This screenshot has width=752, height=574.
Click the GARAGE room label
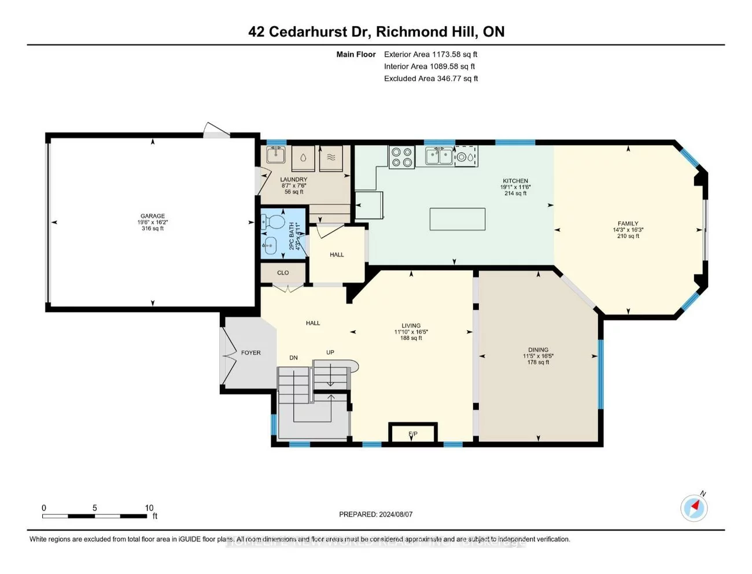(153, 216)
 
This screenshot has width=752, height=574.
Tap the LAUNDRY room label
(294, 180)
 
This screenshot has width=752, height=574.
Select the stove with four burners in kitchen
(401, 157)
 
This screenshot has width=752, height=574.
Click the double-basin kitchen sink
(439, 156)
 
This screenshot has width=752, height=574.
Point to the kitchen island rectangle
(457, 219)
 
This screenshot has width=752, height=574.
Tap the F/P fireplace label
(413, 434)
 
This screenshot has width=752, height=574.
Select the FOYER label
(251, 353)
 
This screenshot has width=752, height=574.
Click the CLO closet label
(283, 273)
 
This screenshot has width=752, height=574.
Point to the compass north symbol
(694, 508)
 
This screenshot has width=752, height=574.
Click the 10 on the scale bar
(149, 508)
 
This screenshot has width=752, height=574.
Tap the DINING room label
(538, 350)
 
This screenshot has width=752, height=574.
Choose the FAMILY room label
(628, 224)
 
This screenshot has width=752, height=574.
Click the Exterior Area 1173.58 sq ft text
(430, 54)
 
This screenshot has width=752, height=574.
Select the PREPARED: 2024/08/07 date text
(375, 514)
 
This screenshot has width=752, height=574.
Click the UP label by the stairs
(330, 352)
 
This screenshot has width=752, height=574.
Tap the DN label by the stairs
(294, 358)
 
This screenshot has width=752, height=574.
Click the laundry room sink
(276, 155)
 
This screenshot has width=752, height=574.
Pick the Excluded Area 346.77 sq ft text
(431, 79)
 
